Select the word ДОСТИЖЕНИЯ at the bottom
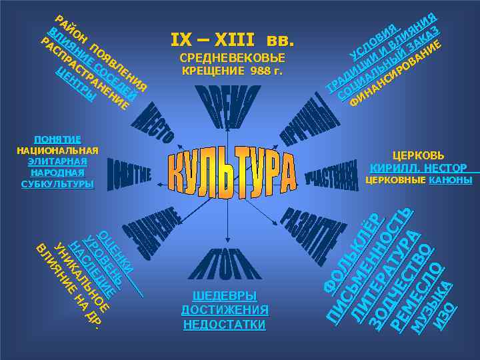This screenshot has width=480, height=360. point(225,310)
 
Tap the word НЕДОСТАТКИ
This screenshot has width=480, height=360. point(225,325)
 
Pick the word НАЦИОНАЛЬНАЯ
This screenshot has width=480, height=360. point(57,150)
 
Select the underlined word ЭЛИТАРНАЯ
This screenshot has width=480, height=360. point(57,161)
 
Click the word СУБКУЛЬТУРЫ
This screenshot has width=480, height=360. point(57,183)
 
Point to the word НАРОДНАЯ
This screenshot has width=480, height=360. point(57,173)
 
